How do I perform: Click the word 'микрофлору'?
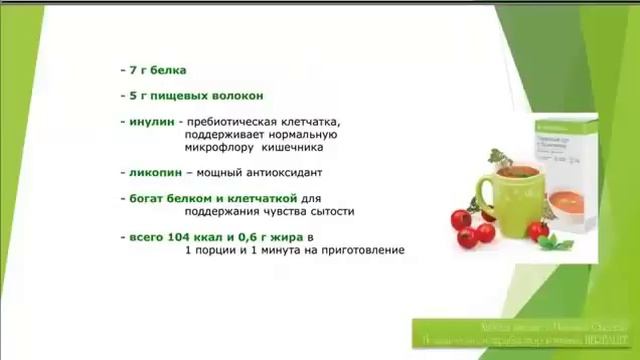218,147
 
